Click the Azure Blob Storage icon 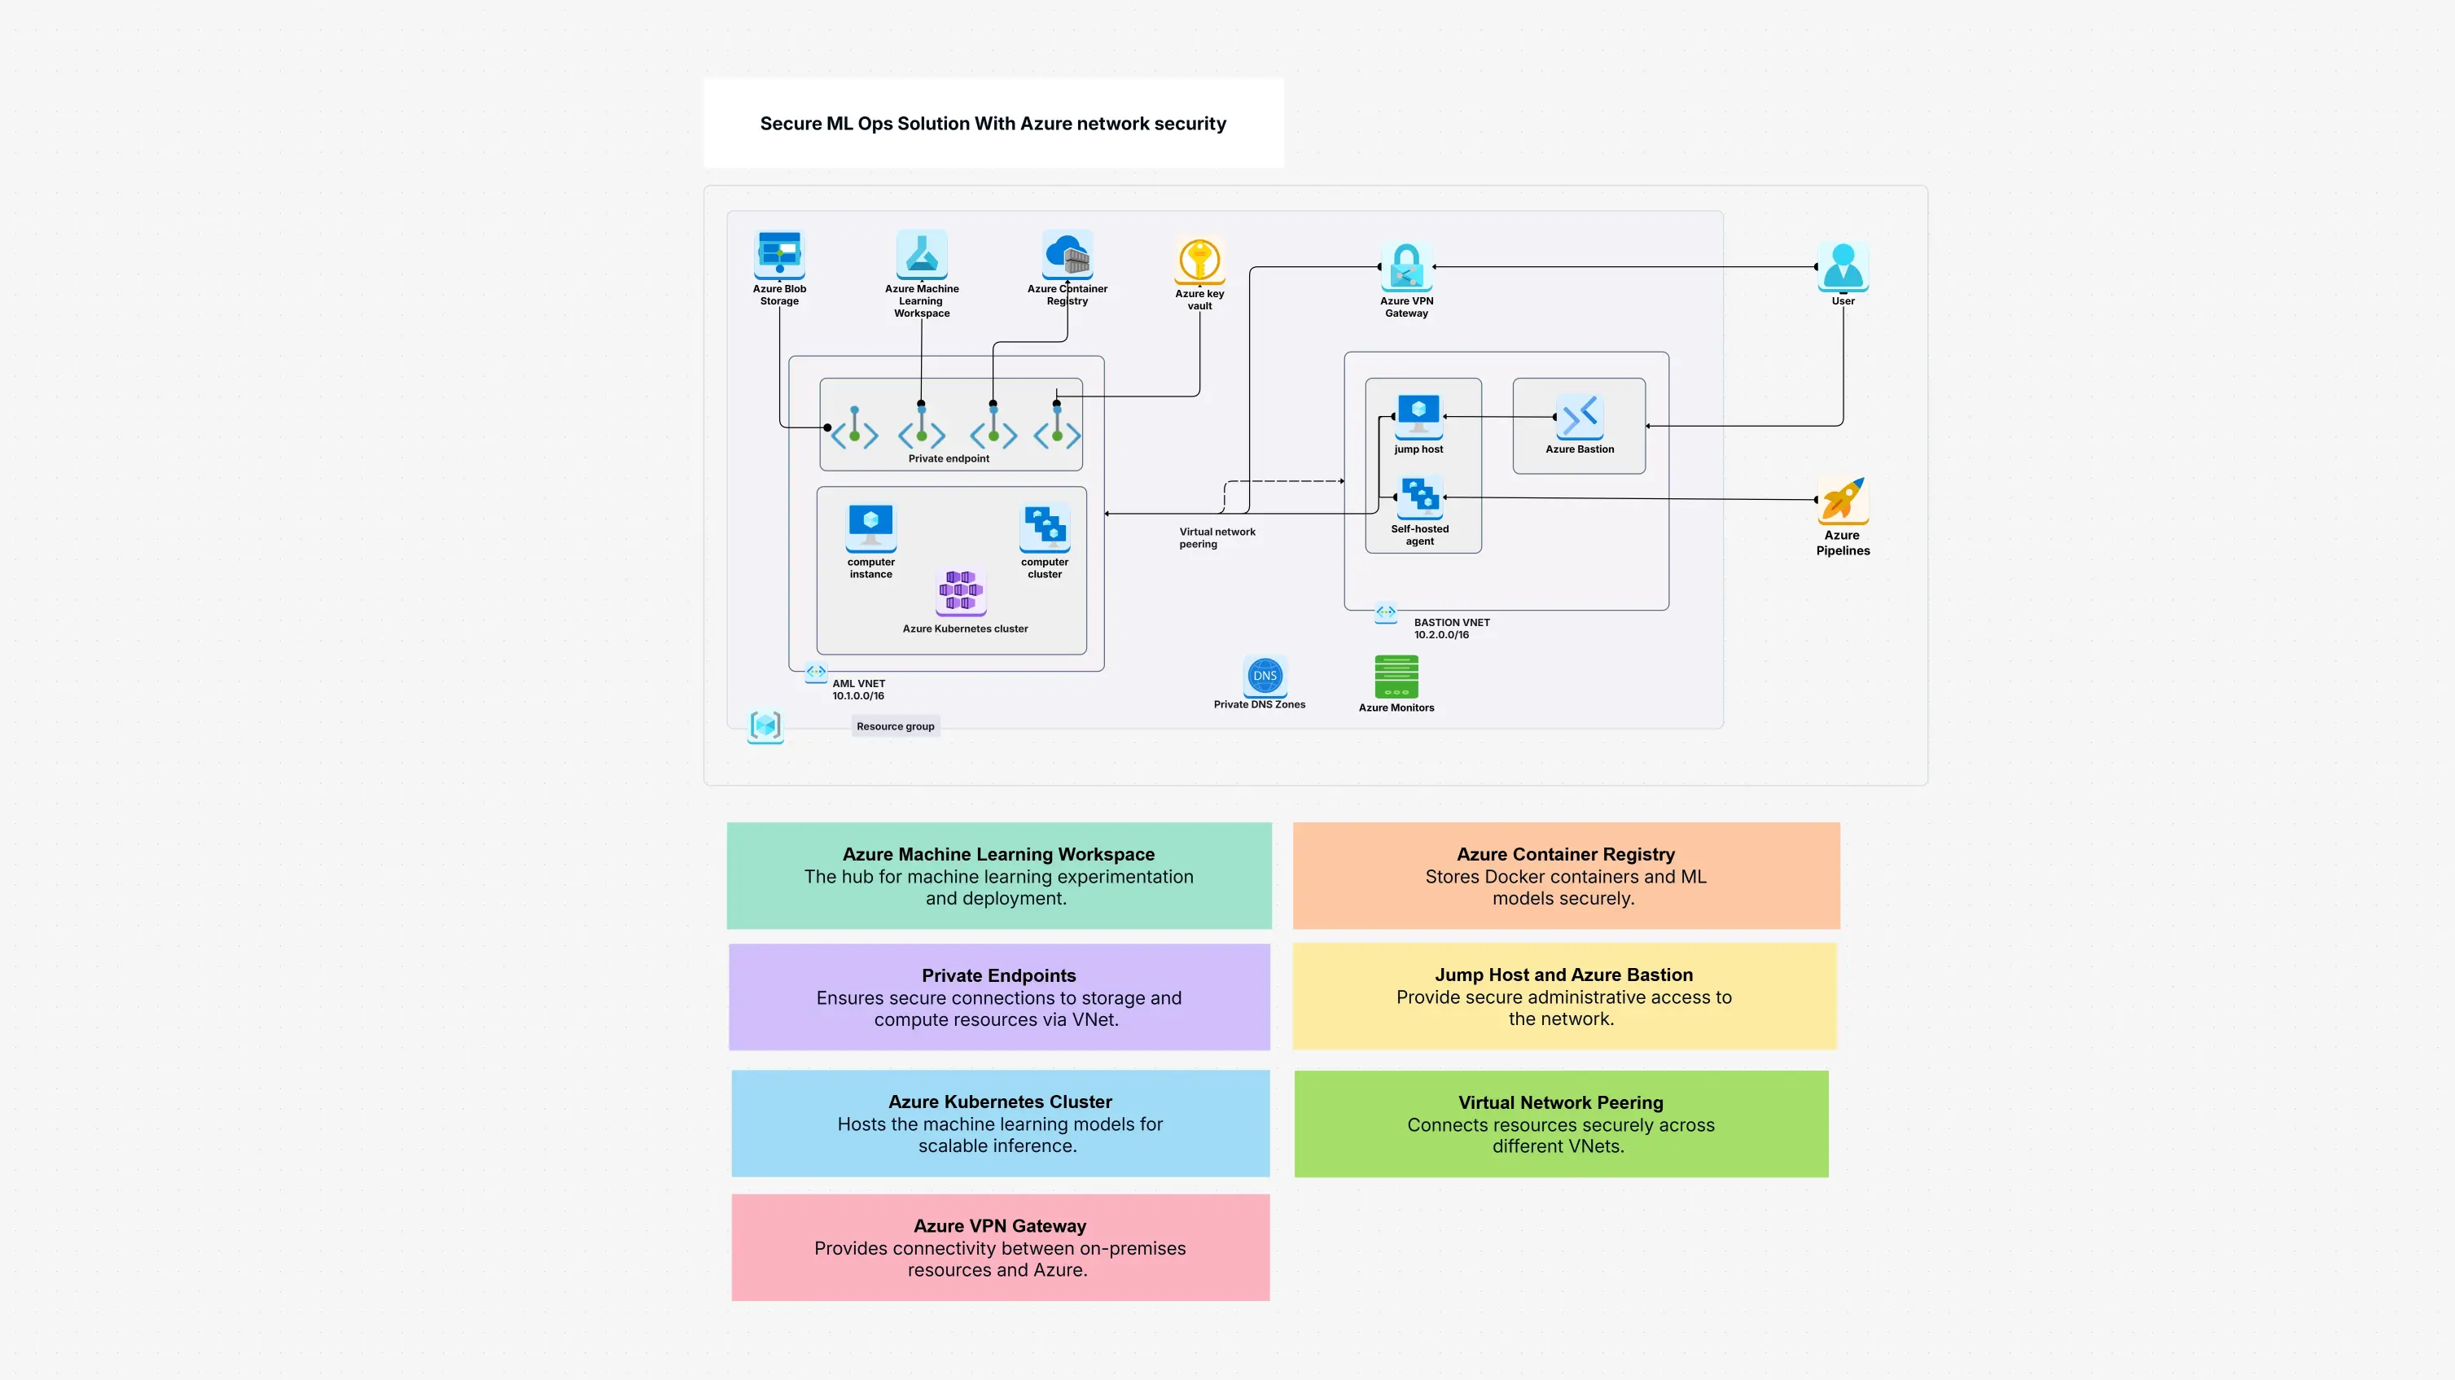coord(779,253)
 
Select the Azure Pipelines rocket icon coord(1842,499)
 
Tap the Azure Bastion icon coord(1579,417)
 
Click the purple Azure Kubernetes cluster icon coord(961,591)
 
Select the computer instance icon coord(871,526)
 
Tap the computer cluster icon coord(1045,526)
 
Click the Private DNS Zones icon coord(1265,676)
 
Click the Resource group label coord(895,726)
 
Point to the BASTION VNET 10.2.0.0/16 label coord(1450,628)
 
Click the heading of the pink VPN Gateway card coord(1000,1225)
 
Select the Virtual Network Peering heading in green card coord(1560,1102)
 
